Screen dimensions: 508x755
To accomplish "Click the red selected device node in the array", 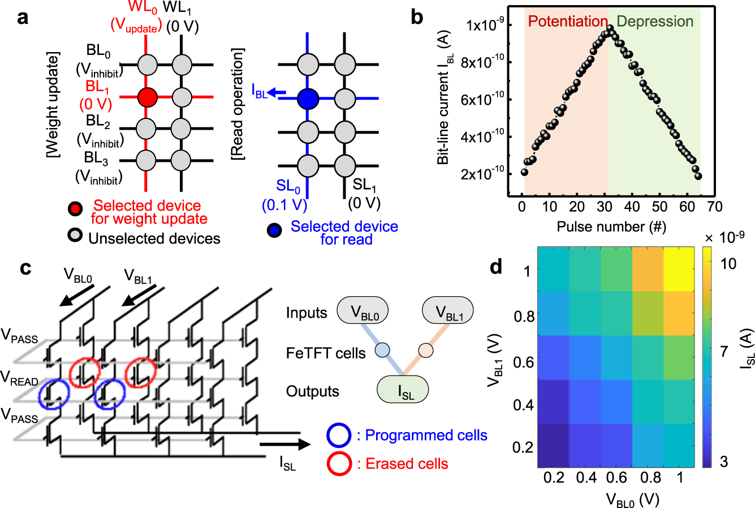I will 147,97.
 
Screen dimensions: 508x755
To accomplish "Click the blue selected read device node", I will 308,99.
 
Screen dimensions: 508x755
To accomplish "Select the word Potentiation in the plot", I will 567,22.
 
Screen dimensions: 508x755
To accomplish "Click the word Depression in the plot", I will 654,22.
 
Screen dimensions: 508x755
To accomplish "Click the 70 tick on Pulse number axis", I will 715,206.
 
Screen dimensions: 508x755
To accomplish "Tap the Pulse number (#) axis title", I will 611,227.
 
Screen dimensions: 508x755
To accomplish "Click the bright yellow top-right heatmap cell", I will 678,268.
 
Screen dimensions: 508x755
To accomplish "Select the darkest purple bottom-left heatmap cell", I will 553,446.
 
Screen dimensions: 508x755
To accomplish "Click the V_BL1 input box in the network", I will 447,311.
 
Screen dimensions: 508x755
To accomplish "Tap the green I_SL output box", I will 403,390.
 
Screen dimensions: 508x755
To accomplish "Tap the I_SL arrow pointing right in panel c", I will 285,444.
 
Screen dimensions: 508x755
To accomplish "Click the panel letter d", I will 496,266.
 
